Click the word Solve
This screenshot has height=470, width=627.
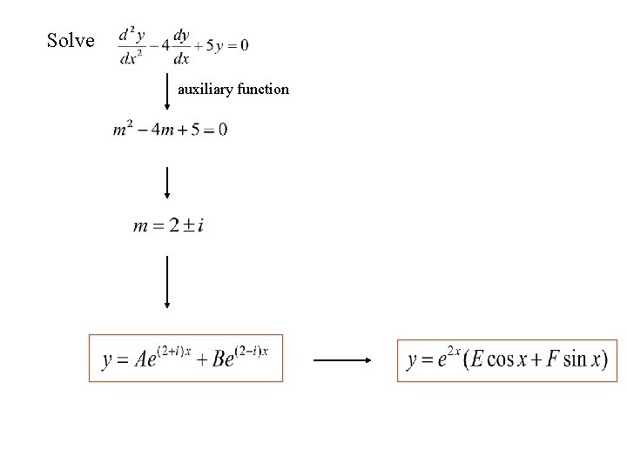click(71, 40)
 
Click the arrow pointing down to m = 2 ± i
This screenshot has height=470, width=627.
click(167, 183)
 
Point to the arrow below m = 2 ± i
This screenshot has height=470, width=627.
click(167, 281)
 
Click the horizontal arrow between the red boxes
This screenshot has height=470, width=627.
click(342, 359)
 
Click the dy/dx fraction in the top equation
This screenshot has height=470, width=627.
click(181, 46)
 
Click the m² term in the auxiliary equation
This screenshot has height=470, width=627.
click(123, 129)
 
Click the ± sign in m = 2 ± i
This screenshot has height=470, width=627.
click(186, 226)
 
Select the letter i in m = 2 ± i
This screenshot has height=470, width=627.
click(201, 226)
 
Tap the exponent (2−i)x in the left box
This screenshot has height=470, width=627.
click(253, 350)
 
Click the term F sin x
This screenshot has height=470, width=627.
click(570, 359)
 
